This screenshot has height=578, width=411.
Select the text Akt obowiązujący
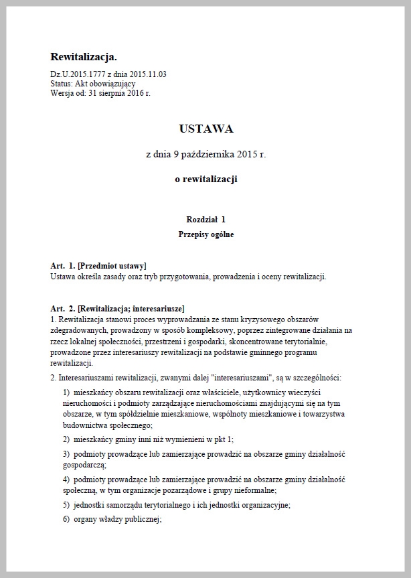(x=106, y=83)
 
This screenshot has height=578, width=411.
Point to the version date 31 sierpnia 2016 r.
(x=119, y=92)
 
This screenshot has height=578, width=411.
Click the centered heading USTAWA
(x=205, y=128)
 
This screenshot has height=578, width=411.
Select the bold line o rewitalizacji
(x=205, y=179)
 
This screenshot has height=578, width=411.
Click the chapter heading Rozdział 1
(x=205, y=220)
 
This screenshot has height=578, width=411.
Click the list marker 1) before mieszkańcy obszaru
(x=66, y=391)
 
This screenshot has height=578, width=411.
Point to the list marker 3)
(x=66, y=453)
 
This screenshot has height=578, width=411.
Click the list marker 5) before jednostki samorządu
(x=66, y=506)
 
